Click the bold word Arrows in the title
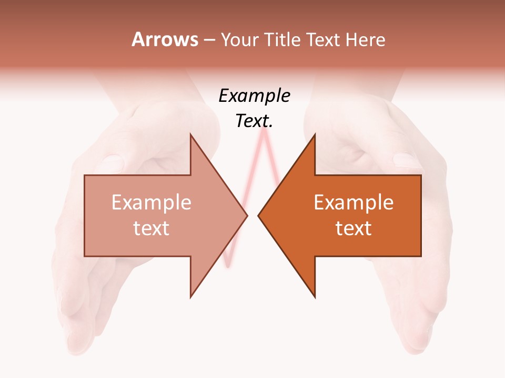tap(165, 39)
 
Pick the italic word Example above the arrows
tap(254, 96)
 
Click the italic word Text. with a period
tap(254, 121)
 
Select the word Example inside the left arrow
tap(151, 203)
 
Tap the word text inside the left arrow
tap(151, 228)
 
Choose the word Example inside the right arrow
tap(353, 203)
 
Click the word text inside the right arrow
tap(353, 228)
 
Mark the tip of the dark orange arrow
tap(259, 215)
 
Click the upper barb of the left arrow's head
tap(191, 136)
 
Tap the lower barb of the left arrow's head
tap(191, 296)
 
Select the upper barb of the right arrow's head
tap(314, 136)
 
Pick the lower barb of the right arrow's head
tap(314, 296)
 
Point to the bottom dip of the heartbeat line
tap(227, 266)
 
